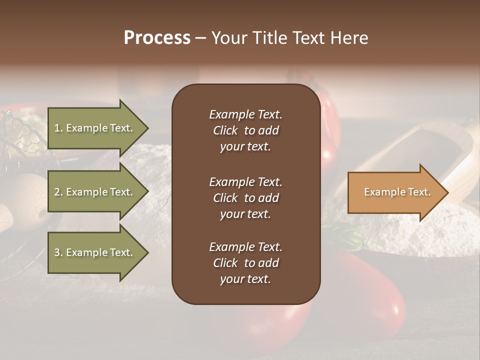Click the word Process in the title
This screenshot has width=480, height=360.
157,37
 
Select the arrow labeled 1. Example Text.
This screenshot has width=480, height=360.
95,128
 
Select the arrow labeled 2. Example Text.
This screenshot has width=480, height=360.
95,192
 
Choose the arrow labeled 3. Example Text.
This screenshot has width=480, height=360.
95,252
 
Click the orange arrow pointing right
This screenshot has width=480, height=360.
395,192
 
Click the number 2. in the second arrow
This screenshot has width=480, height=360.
58,192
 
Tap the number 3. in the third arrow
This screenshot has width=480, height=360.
58,252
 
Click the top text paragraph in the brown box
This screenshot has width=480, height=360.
245,130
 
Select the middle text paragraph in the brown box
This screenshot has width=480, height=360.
245,198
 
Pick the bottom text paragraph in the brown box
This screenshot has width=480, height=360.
245,263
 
